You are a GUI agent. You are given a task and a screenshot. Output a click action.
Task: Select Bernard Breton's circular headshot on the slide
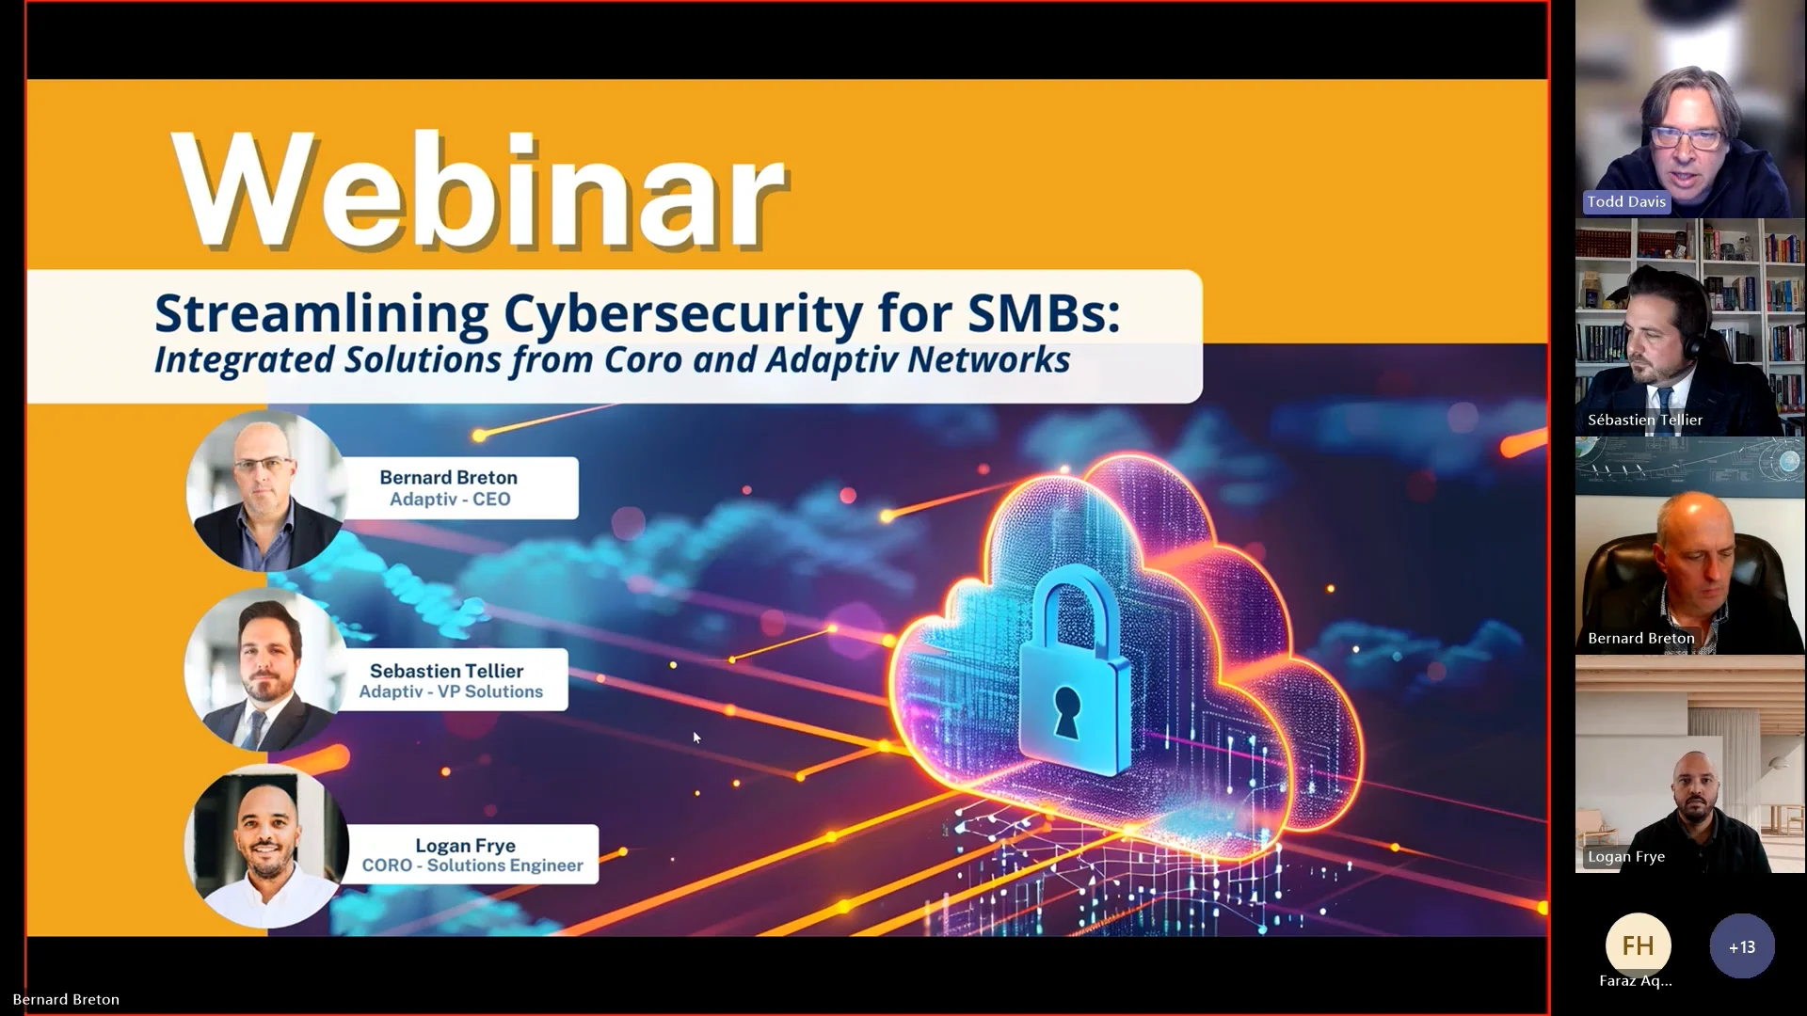266,491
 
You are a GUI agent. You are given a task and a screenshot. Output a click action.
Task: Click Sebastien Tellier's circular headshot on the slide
264,670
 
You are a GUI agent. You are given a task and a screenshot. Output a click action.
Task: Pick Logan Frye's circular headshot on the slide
266,847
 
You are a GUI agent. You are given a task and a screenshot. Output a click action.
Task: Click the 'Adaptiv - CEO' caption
450,500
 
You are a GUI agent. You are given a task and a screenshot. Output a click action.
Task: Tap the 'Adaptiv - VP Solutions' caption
451,692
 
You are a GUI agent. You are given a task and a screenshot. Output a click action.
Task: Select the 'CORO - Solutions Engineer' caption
472,865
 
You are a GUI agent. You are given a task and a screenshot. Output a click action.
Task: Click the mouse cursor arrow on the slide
696,738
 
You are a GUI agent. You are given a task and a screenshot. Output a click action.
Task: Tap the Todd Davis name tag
1625,202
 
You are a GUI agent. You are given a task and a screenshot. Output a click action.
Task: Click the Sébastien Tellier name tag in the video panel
1644,421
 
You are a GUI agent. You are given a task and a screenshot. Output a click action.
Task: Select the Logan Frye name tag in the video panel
1625,857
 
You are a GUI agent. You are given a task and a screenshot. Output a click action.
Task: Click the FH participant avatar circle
1638,945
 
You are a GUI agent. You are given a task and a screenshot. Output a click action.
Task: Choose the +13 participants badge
1741,946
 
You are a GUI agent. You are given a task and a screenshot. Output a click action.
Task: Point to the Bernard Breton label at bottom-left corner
66,1000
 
